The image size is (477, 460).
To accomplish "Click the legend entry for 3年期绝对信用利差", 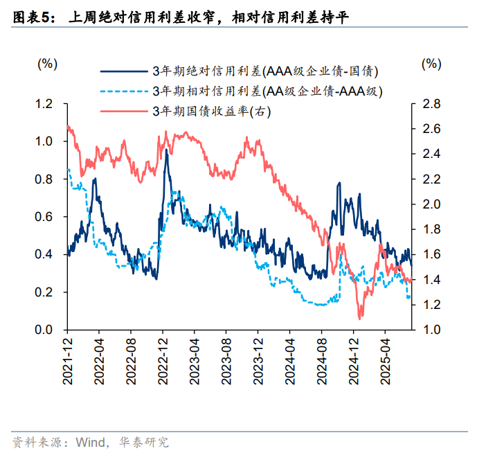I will [264, 71].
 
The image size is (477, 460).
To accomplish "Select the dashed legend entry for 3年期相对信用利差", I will [267, 91].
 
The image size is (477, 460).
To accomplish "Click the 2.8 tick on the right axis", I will [431, 104].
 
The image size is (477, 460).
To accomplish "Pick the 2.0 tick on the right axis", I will [431, 204].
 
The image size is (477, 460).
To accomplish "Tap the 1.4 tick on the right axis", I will [431, 280].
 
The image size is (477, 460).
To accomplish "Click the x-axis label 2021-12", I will [68, 360].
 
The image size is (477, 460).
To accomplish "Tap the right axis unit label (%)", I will [431, 64].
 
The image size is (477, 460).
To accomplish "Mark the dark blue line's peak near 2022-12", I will [166, 150].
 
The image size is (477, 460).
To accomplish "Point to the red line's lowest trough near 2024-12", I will [360, 318].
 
